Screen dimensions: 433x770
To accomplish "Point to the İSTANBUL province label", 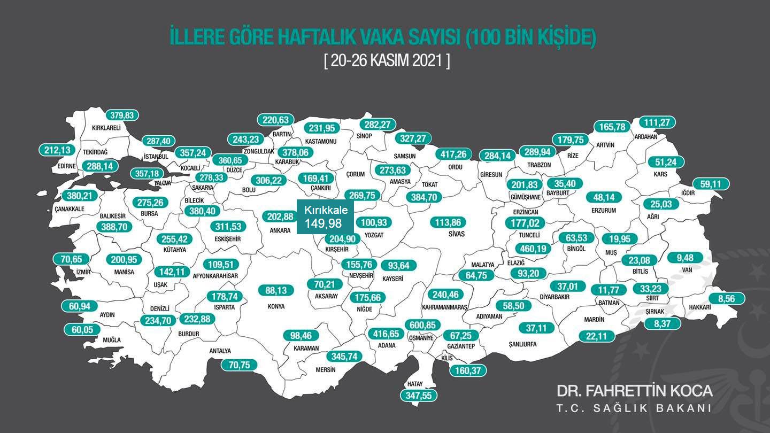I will tap(156, 157).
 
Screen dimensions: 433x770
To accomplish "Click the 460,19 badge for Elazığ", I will tap(533, 249).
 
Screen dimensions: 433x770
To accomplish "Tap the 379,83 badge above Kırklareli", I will tap(121, 115).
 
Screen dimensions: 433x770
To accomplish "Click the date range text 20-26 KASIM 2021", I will tap(387, 60).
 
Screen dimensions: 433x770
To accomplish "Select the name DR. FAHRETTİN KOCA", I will tap(634, 391).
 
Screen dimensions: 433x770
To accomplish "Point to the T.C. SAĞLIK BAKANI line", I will tap(634, 408).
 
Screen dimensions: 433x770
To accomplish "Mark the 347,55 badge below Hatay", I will tap(419, 396).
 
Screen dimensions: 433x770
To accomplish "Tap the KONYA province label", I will tap(276, 307).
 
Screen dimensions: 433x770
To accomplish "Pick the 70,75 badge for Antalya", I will tap(239, 365).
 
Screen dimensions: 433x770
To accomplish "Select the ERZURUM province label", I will tap(604, 211).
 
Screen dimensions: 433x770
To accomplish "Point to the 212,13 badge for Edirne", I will tap(57, 150).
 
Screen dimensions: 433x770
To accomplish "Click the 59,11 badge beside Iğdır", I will tap(711, 184).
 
